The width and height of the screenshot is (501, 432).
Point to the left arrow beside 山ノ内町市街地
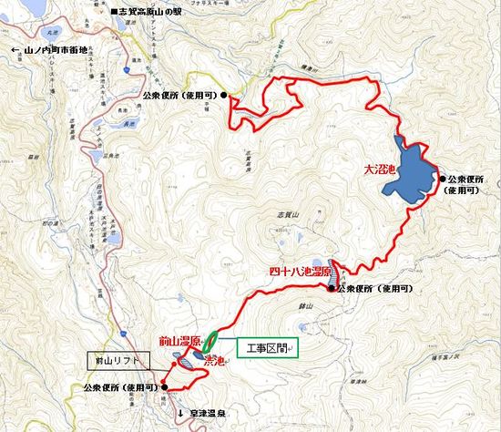11,50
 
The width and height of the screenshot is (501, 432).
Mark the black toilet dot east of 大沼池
443,180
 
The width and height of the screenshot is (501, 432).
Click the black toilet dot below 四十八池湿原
331,289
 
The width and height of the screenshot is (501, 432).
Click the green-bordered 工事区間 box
268,348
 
